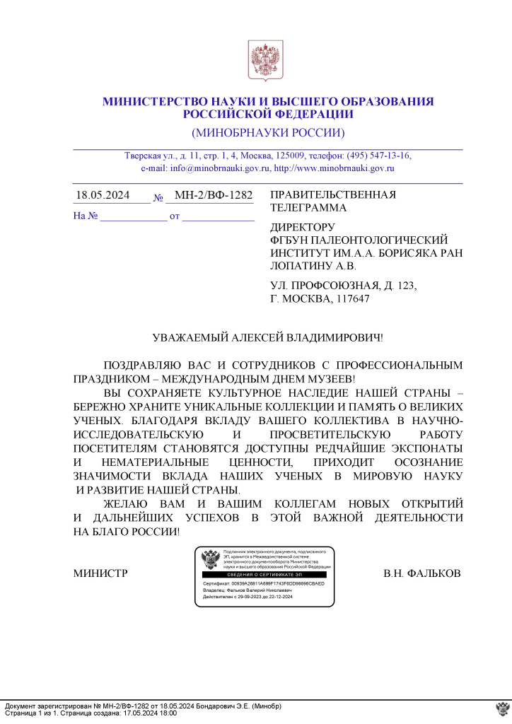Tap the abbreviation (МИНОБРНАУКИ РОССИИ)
[x=268, y=133]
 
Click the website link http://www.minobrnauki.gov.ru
[x=334, y=168]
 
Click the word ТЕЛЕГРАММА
[x=308, y=208]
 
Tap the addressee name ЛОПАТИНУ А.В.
[x=314, y=267]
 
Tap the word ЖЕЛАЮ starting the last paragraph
[x=124, y=504]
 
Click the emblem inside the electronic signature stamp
[x=210, y=561]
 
